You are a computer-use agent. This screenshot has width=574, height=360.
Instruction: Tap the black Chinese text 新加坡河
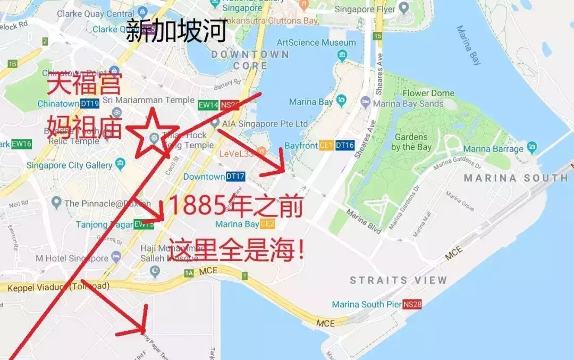pyautogui.click(x=176, y=30)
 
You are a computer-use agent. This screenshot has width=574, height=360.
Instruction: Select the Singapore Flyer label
pyautogui.click(x=365, y=10)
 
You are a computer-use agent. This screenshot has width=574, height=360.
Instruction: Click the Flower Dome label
pyautogui.click(x=428, y=94)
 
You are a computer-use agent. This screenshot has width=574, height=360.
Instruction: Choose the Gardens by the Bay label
pyautogui.click(x=411, y=142)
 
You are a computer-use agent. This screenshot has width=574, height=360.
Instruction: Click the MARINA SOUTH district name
pyautogui.click(x=516, y=178)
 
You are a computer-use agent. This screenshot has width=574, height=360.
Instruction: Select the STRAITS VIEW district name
pyautogui.click(x=398, y=280)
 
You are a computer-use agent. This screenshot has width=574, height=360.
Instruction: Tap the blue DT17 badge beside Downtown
pyautogui.click(x=235, y=177)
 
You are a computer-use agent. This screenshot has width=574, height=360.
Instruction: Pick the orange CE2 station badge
pyautogui.click(x=267, y=224)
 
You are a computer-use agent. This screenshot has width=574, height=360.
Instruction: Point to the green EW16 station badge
pyautogui.click(x=22, y=144)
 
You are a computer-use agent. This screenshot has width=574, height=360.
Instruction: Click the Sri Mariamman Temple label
pyautogui.click(x=148, y=100)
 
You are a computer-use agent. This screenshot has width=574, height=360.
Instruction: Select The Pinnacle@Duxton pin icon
pyautogui.click(x=56, y=203)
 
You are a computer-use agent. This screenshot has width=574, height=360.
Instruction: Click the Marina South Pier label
pyautogui.click(x=366, y=305)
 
